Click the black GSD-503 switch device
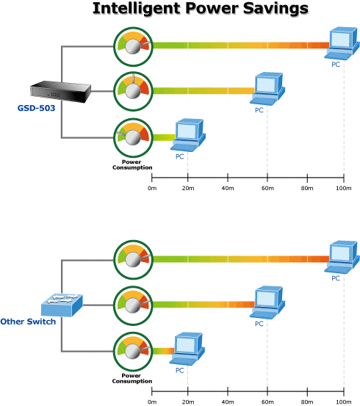[61, 92]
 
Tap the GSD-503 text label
[36, 108]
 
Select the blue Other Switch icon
[62, 305]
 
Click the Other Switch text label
[28, 322]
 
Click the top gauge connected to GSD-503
[133, 46]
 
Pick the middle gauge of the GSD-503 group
[133, 91]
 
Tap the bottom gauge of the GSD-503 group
[133, 138]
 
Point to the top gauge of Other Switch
[133, 260]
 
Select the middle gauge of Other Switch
[133, 305]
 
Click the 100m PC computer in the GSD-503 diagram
[342, 43]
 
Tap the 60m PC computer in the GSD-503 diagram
[267, 89]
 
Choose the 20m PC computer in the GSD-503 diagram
[188, 135]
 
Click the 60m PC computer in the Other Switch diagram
[267, 302]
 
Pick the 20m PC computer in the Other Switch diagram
[187, 349]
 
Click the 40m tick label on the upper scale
[228, 188]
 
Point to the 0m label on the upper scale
[152, 188]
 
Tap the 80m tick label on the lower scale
[307, 402]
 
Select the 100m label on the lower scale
[344, 402]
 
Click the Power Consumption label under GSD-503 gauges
[132, 164]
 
